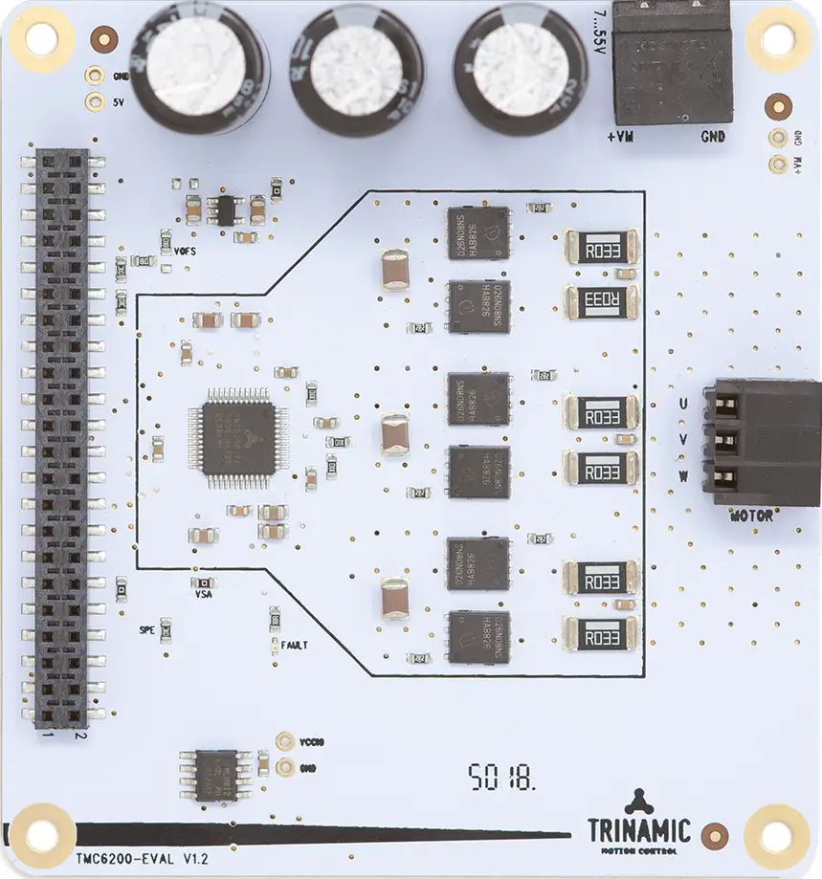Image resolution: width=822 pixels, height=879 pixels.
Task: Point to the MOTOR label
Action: [x=751, y=516]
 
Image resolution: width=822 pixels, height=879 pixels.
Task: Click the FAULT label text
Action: [x=293, y=646]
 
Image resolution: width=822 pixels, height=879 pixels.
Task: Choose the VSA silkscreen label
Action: [x=203, y=594]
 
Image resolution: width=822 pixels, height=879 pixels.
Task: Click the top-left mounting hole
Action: [x=41, y=38]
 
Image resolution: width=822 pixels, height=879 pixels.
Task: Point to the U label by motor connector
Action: [x=681, y=405]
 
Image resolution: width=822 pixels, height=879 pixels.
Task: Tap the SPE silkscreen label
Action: [x=146, y=629]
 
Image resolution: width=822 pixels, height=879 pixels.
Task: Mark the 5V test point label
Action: [x=118, y=102]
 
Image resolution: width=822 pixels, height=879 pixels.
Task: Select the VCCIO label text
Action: [x=313, y=741]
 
